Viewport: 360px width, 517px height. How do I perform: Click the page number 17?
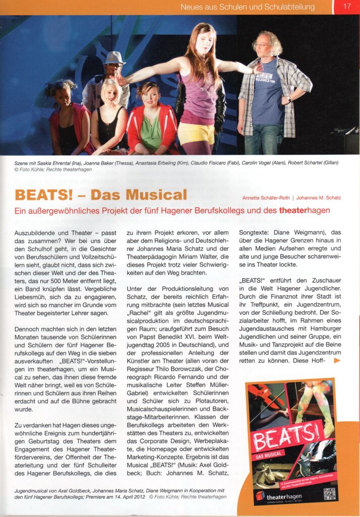347,7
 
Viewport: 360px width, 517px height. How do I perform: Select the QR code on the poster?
329,493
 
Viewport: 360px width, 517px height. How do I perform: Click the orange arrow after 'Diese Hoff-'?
337,360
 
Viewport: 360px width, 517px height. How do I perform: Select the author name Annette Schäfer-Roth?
265,197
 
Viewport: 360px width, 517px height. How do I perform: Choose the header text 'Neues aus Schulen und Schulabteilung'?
247,7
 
